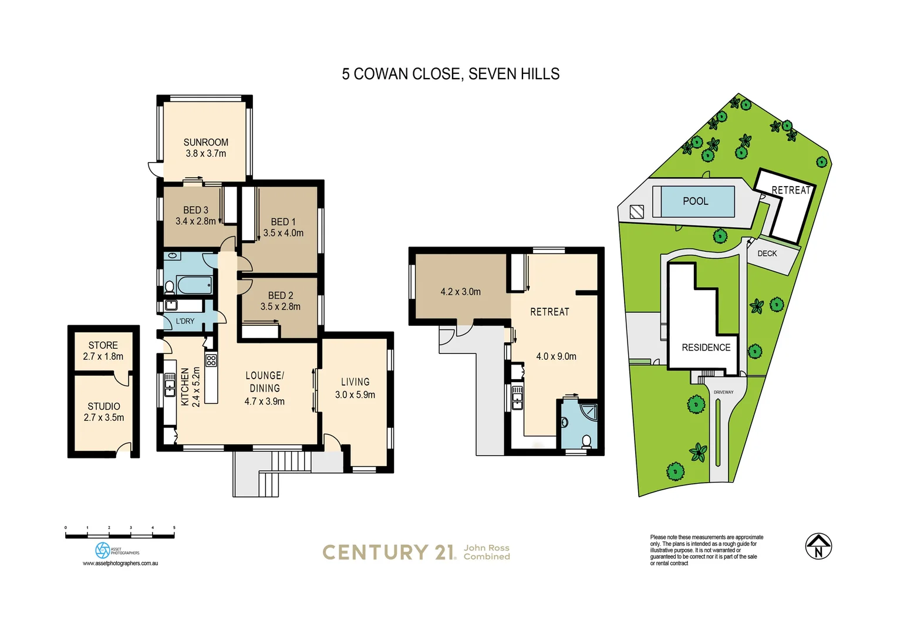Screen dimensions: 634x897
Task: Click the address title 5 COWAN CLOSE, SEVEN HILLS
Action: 450,74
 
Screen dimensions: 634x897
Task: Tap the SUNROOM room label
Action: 205,142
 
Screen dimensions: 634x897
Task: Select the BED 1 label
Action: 283,222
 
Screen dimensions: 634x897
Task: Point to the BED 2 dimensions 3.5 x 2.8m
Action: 280,306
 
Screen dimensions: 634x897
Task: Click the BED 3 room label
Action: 195,210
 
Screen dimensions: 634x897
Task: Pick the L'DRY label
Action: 185,321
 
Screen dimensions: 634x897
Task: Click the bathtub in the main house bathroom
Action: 194,285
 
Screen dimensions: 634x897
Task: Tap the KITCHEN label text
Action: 185,387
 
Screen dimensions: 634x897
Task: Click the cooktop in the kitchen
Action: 211,360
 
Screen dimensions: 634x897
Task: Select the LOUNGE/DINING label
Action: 264,382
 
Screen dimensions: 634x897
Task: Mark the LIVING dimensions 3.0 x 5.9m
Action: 355,394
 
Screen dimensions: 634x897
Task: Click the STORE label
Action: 103,345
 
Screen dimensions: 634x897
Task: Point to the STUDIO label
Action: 104,406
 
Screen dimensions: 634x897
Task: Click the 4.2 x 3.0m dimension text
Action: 460,292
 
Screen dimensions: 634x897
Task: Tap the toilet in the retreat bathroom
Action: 586,441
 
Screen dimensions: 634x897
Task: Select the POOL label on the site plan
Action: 695,201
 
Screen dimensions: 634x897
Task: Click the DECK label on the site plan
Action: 767,254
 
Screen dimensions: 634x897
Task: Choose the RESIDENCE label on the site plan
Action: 706,348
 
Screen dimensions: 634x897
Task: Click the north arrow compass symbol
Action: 818,547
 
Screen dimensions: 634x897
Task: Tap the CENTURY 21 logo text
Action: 389,552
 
